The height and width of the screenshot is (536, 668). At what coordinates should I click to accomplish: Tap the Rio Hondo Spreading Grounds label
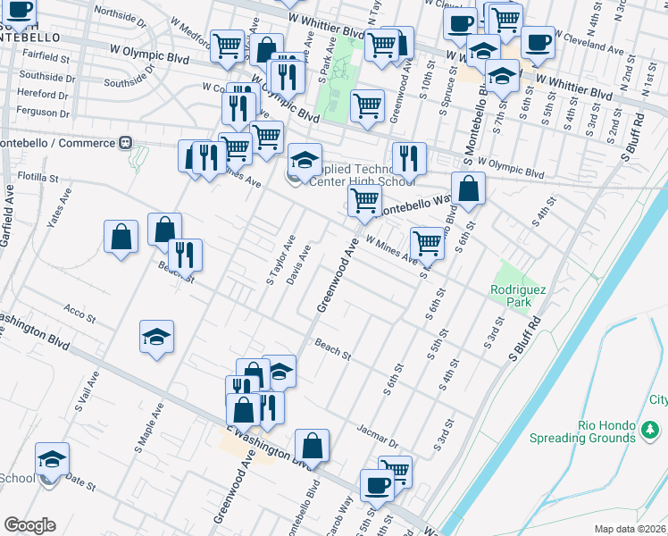[595, 431]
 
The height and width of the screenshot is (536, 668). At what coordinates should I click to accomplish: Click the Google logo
[29, 525]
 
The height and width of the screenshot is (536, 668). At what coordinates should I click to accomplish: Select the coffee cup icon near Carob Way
[377, 485]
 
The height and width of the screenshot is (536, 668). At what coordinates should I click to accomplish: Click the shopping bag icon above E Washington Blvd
[312, 445]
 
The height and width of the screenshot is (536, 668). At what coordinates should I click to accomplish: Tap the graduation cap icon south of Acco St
[157, 337]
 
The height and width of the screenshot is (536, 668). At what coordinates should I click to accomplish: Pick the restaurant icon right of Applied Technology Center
[409, 158]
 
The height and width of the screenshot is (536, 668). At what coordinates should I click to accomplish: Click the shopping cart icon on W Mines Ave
[427, 241]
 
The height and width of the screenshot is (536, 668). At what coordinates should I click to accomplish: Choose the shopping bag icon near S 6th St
[468, 188]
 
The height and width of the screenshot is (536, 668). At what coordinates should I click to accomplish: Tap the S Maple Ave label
[148, 424]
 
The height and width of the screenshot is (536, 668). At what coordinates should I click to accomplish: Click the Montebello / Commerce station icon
[125, 142]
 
